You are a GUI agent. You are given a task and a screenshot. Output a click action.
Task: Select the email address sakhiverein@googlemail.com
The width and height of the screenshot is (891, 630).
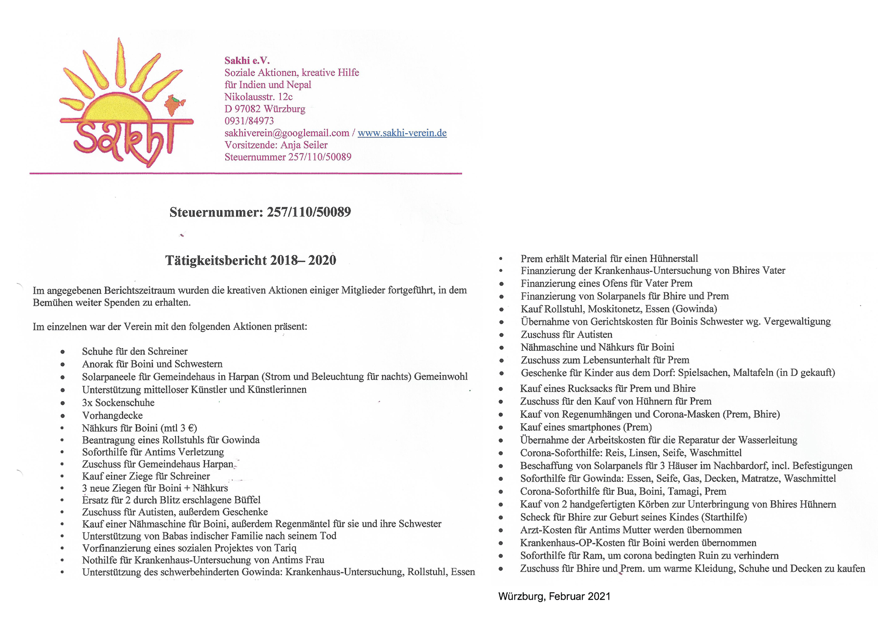pos(287,133)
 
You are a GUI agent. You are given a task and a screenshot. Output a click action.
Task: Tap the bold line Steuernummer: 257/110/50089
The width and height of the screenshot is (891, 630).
pos(260,212)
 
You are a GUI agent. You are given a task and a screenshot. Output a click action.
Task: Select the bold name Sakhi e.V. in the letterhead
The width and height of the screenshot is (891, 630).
pos(247,60)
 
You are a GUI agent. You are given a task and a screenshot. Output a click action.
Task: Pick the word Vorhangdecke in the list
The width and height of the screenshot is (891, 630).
pos(112,415)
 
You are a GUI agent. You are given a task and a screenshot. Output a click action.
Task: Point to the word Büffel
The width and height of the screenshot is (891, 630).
pos(247,500)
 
